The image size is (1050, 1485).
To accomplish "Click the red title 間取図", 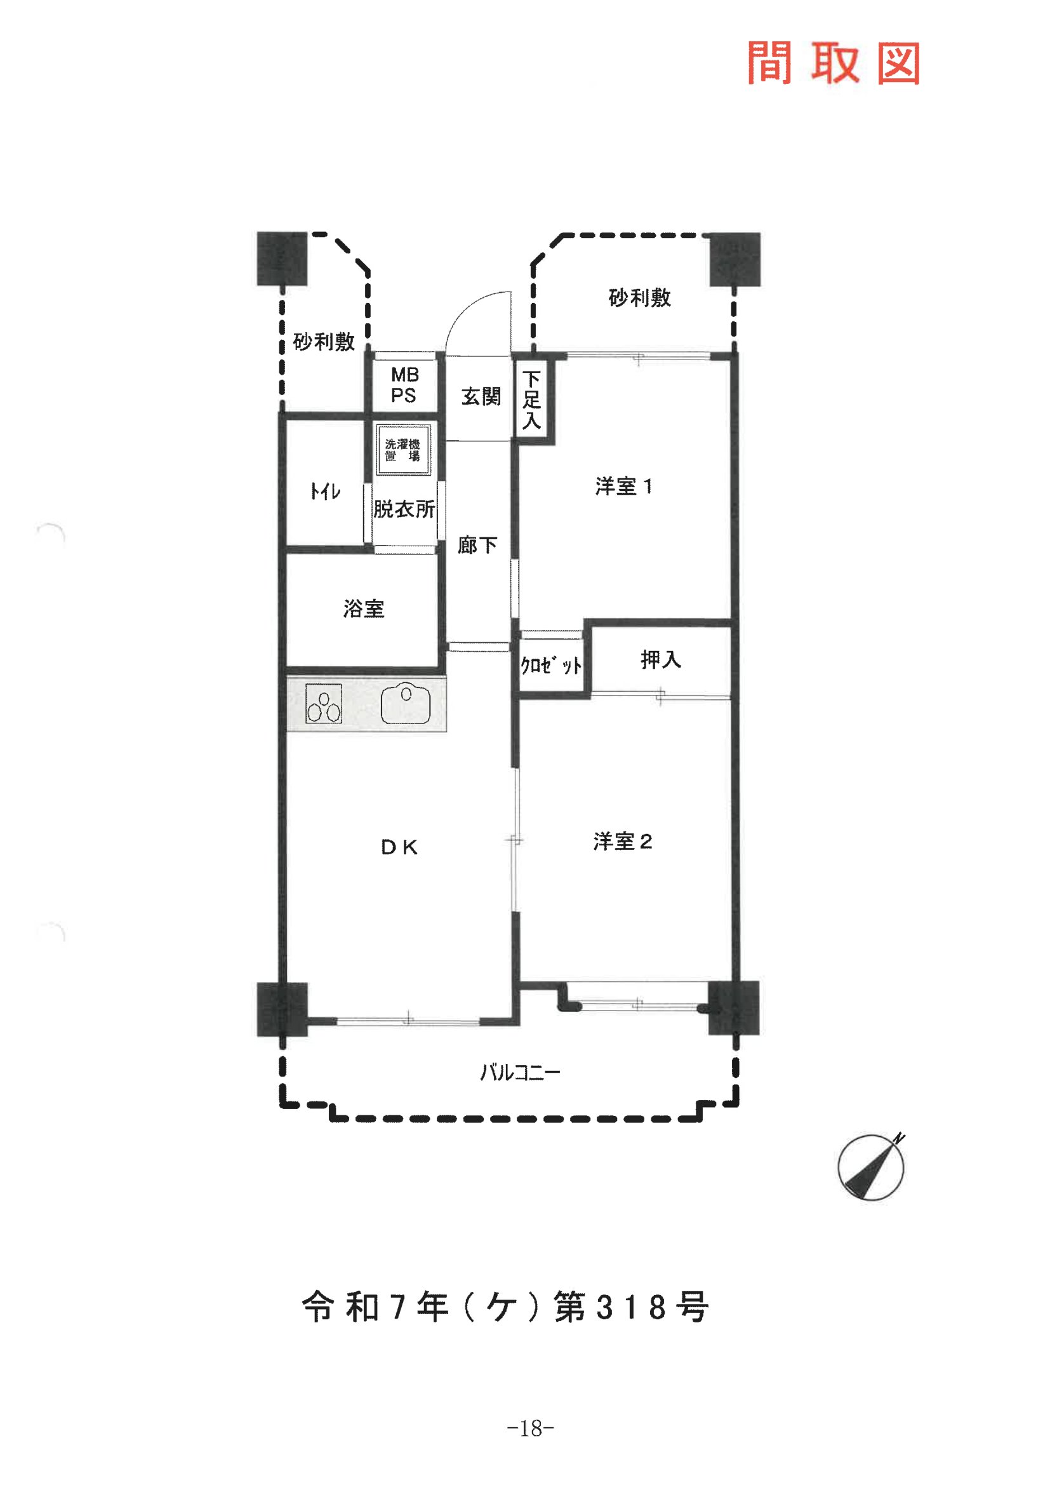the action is (834, 63).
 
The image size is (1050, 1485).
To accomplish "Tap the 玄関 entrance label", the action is (481, 396).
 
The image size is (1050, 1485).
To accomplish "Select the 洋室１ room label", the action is (623, 487).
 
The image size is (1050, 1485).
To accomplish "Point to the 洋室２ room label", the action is (623, 842).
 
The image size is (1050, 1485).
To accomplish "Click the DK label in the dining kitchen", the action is (399, 848).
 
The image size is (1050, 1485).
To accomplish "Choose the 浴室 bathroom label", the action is (363, 608).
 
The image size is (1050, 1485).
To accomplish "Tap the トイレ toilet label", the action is (325, 492).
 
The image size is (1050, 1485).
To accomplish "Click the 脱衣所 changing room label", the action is (404, 509).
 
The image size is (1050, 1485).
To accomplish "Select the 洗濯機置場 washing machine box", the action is (404, 450).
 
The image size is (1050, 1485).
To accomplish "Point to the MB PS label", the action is (405, 385).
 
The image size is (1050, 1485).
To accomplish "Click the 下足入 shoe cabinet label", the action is (531, 400).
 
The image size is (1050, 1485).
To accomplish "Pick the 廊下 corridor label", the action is (477, 545).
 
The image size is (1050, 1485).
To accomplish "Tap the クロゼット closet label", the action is (551, 665).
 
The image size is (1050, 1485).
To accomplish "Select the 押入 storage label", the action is (660, 659).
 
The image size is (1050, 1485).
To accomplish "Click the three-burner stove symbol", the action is (323, 703).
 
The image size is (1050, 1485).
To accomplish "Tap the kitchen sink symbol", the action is (406, 704).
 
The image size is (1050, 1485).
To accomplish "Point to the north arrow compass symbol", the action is (871, 1167).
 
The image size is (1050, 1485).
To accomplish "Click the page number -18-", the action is (530, 1428).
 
